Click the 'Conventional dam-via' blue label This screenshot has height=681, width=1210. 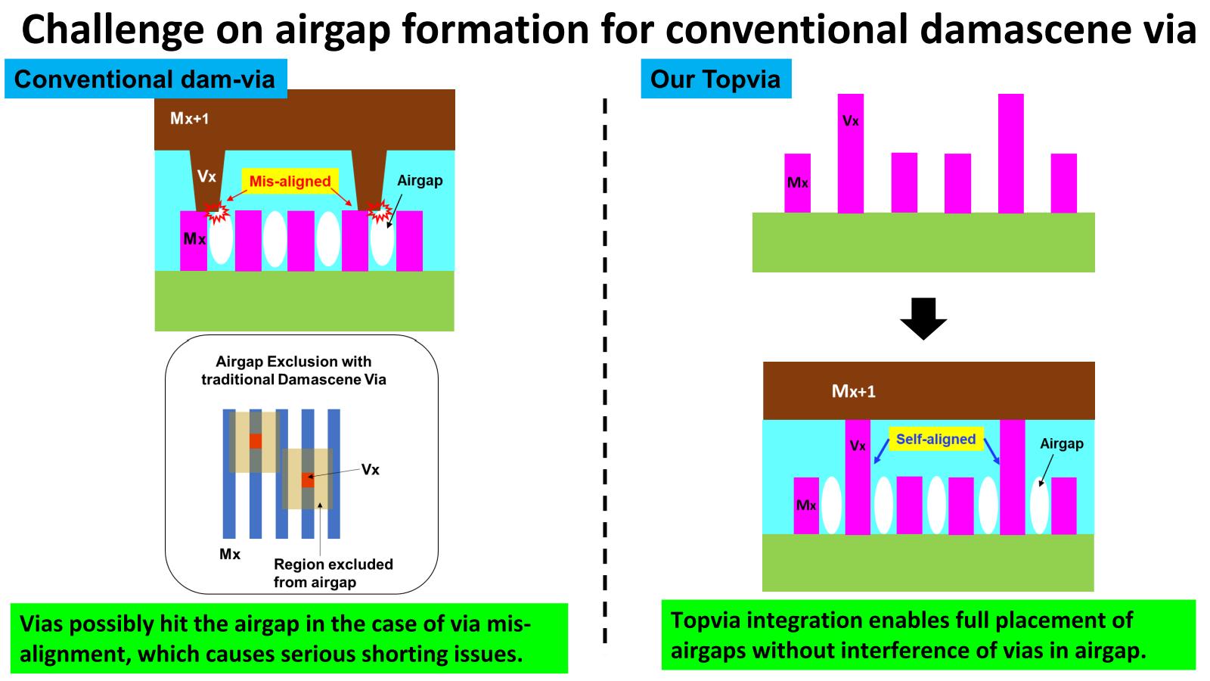click(144, 79)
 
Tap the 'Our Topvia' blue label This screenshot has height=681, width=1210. click(715, 79)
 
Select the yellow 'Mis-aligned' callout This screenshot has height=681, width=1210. click(290, 182)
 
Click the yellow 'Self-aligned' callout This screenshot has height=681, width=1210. click(935, 439)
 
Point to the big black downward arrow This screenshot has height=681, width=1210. click(923, 319)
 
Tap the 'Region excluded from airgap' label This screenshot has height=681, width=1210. click(333, 573)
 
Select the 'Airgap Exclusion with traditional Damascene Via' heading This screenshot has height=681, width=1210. click(293, 371)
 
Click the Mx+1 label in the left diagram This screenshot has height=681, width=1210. click(189, 118)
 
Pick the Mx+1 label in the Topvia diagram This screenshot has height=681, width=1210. click(853, 391)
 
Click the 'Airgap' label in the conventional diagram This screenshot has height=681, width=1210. click(420, 181)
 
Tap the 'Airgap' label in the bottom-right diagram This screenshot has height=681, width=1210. click(1061, 443)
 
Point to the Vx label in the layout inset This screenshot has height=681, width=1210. click(370, 470)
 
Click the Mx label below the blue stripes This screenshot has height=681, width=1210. click(230, 555)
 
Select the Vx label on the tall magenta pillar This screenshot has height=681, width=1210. click(851, 121)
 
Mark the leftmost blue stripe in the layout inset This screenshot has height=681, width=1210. click(229, 474)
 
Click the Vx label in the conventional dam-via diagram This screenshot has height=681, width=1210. click(206, 176)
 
